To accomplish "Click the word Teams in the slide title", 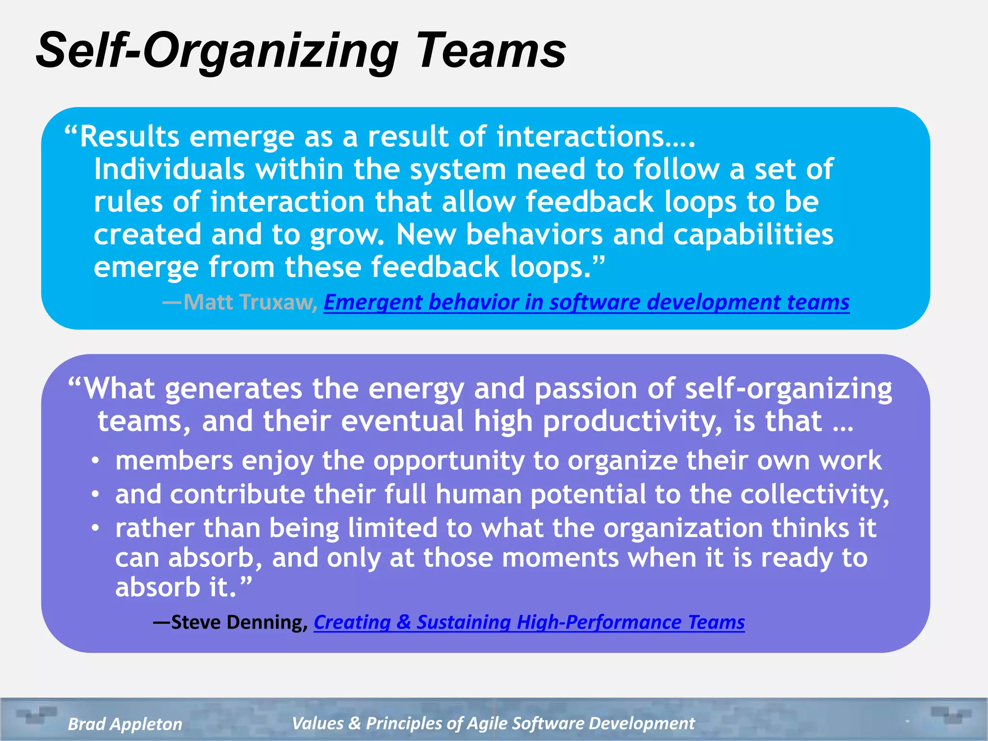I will click(x=491, y=51).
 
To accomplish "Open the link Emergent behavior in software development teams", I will click(x=586, y=302).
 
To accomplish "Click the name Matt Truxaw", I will click(x=249, y=302).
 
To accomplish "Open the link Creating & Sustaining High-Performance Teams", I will click(x=529, y=622).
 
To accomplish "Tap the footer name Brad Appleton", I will click(x=125, y=724).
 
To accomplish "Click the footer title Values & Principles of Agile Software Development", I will click(x=493, y=723).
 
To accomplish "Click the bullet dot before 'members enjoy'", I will click(x=96, y=461).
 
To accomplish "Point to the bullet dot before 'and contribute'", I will click(x=96, y=494).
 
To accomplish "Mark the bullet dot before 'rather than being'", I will click(x=96, y=528).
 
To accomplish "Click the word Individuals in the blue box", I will click(x=169, y=169).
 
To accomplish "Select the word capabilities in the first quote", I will click(x=753, y=234).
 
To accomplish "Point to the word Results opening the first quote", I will click(x=129, y=137).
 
